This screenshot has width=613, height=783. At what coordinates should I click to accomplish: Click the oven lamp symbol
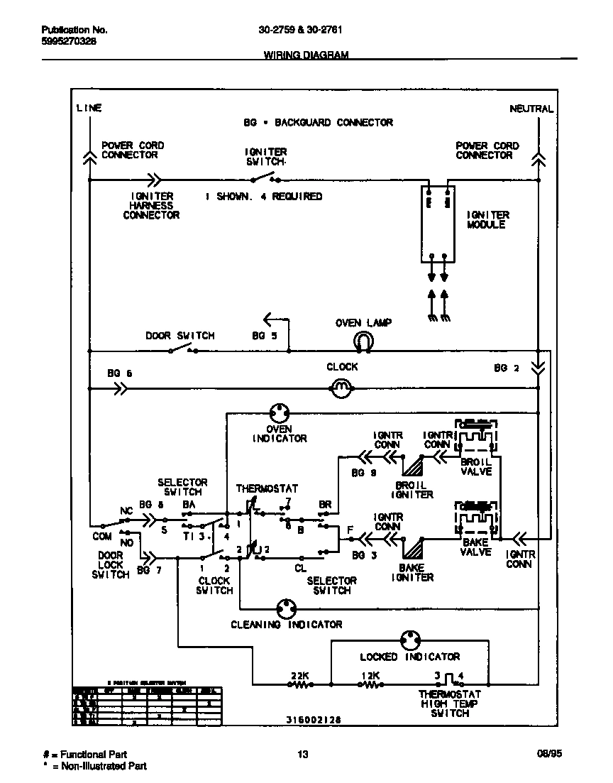tap(363, 342)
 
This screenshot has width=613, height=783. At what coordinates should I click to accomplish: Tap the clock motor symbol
tap(342, 388)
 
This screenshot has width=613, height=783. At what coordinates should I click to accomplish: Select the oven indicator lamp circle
tap(280, 413)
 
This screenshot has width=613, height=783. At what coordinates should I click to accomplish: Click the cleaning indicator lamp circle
tap(286, 608)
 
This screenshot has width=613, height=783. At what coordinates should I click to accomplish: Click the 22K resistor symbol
tap(299, 685)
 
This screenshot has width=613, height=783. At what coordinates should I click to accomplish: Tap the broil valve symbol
tap(477, 439)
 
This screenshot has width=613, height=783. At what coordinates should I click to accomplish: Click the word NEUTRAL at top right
tap(531, 109)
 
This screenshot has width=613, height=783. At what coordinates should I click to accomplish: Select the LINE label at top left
tap(89, 108)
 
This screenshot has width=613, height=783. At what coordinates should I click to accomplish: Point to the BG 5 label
tap(264, 336)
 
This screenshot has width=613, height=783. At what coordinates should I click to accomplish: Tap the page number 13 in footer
tap(303, 755)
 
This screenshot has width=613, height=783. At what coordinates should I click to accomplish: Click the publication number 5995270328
tap(69, 41)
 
